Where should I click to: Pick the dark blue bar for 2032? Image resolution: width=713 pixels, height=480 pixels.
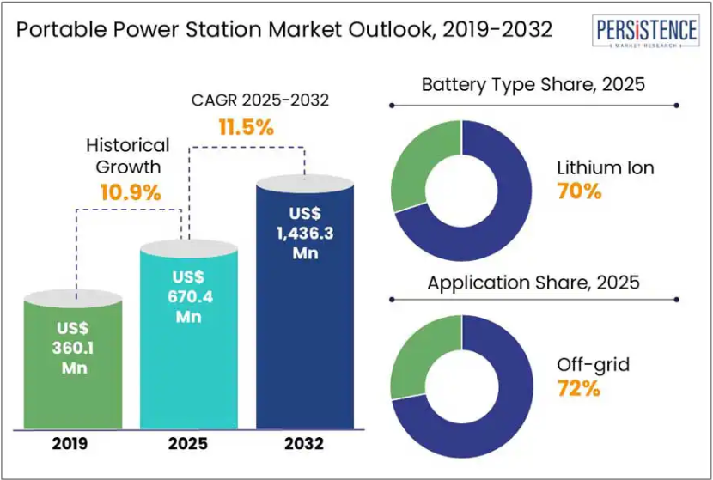point(305,343)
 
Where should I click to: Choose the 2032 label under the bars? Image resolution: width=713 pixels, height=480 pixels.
point(305,444)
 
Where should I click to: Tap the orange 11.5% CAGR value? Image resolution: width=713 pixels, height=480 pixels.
point(245,129)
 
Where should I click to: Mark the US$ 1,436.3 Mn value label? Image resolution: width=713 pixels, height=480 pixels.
point(305,232)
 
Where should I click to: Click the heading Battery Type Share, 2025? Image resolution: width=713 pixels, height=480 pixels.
point(533,86)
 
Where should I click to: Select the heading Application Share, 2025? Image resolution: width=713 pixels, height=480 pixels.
point(533,283)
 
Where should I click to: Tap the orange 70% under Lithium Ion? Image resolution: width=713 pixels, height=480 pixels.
point(579,191)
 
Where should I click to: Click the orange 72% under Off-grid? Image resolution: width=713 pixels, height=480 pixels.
point(578,388)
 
